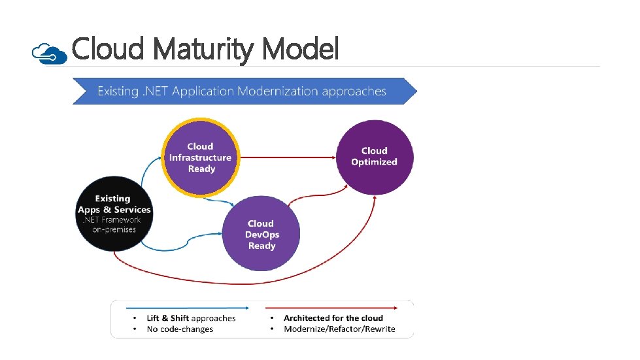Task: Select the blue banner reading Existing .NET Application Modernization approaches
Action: click(243, 91)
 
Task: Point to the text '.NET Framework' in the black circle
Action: click(114, 220)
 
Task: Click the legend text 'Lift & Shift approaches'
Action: click(191, 318)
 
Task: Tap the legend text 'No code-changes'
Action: click(180, 329)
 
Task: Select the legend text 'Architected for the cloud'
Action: click(333, 318)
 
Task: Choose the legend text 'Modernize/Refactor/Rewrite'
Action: click(339, 329)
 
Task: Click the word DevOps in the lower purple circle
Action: click(261, 235)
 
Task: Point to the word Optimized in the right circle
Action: click(374, 162)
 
